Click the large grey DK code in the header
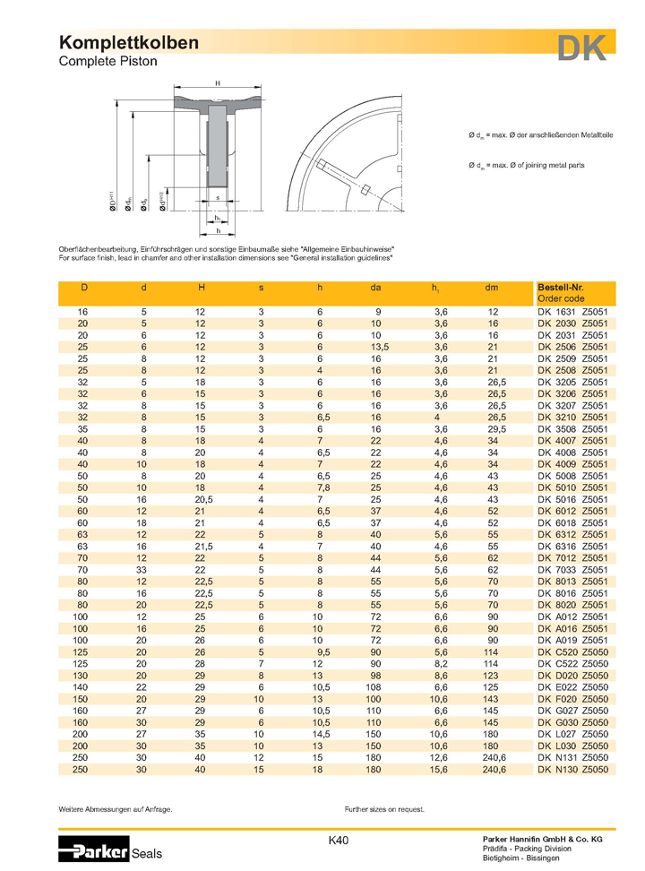pyautogui.click(x=580, y=47)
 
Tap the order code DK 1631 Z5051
pyautogui.click(x=573, y=311)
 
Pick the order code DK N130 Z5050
pyautogui.click(x=573, y=770)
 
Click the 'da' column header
pyautogui.click(x=376, y=288)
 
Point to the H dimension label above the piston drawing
pyautogui.click(x=217, y=83)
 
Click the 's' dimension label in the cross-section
pyautogui.click(x=218, y=197)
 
